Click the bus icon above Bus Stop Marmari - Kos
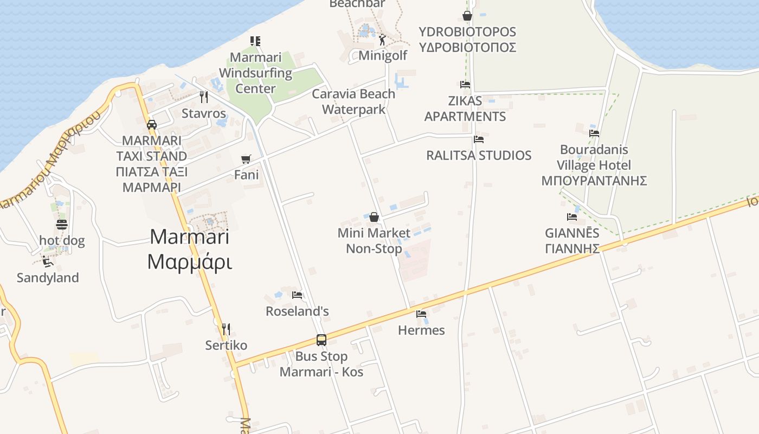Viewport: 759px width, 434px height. tap(321, 340)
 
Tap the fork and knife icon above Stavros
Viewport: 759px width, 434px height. tap(204, 97)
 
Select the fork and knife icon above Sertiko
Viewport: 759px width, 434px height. tap(226, 329)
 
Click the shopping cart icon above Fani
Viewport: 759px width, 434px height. tap(246, 159)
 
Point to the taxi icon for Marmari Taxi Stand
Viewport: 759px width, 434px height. tap(152, 124)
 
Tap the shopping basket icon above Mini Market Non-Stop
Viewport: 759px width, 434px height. tap(374, 217)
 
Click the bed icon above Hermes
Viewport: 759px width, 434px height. tap(421, 314)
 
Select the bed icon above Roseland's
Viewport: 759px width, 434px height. tap(297, 295)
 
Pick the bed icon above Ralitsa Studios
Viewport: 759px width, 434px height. tap(478, 139)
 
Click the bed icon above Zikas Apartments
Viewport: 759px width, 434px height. tap(465, 84)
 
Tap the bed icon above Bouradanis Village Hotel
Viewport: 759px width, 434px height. tap(594, 133)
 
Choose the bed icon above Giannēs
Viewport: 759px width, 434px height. tap(572, 217)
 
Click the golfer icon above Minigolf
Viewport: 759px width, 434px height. tap(382, 40)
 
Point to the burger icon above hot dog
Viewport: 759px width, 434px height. tap(62, 224)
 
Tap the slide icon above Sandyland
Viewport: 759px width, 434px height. tap(48, 261)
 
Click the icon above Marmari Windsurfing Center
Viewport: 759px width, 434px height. tap(255, 41)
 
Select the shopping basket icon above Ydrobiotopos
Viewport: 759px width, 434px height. tap(467, 16)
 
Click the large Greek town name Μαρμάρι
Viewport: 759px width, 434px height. tap(189, 263)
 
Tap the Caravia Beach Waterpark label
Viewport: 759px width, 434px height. tap(353, 101)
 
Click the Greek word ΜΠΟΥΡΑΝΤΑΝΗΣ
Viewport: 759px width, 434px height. tap(594, 181)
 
